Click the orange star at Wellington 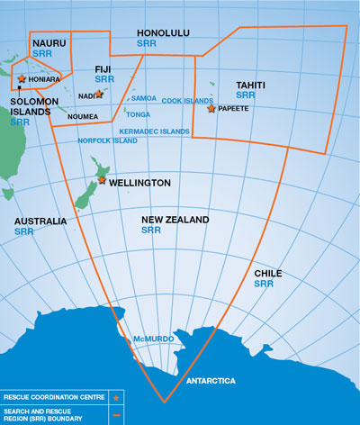click(x=102, y=180)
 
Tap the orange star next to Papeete click(x=211, y=108)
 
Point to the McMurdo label click(x=151, y=339)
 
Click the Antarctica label click(x=211, y=381)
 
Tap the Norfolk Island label click(x=108, y=141)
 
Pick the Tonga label click(x=138, y=114)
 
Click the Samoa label click(x=143, y=97)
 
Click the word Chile click(x=267, y=272)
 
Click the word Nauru click(x=48, y=43)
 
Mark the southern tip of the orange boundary click(x=164, y=402)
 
